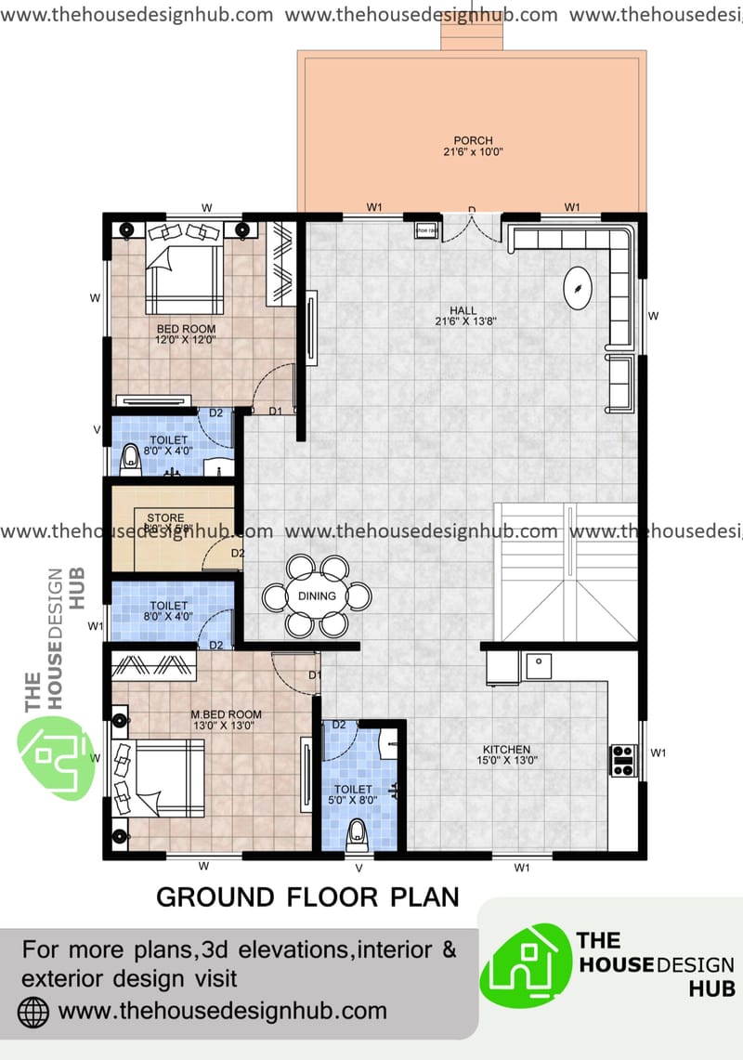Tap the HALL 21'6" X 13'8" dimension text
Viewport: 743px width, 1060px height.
click(462, 322)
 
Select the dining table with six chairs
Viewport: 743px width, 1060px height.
click(316, 596)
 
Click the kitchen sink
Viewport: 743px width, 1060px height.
click(538, 665)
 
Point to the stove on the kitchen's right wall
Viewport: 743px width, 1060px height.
click(622, 759)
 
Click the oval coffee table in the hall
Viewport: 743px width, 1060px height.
click(580, 286)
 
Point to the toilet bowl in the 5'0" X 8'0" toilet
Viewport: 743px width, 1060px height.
click(357, 837)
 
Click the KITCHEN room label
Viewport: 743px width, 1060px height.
click(506, 749)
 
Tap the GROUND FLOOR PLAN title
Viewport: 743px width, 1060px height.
click(307, 896)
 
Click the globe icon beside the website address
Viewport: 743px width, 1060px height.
click(34, 1010)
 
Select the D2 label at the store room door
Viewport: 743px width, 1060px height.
click(238, 554)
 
